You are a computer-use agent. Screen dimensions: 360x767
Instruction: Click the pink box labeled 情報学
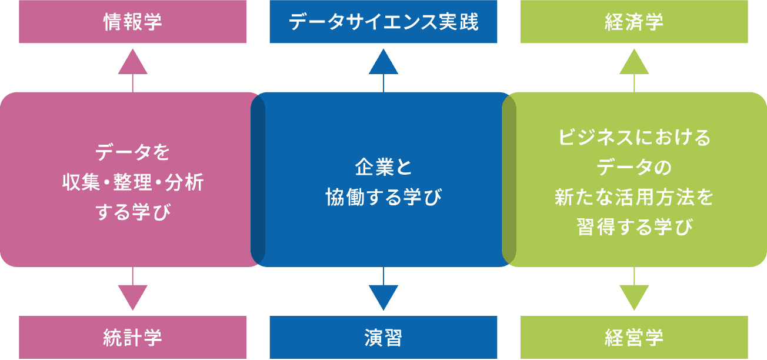[132, 22]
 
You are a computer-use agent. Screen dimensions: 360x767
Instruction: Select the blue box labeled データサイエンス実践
[383, 22]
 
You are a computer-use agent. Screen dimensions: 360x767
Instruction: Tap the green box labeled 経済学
[634, 22]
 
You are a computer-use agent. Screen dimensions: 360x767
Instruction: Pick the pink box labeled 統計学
[132, 338]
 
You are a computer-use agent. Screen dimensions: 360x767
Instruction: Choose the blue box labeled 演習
[383, 338]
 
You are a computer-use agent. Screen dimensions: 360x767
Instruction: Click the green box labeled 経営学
[634, 338]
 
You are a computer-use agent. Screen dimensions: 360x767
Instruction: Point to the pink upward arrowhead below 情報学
[132, 63]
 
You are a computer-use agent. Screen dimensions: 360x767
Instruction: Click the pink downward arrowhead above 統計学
[132, 296]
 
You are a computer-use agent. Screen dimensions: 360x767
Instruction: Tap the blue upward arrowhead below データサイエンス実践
[383, 63]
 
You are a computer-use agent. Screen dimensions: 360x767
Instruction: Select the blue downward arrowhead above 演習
[383, 296]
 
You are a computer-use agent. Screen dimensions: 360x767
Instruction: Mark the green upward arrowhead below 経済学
[634, 63]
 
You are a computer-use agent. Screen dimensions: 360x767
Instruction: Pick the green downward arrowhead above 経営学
[634, 296]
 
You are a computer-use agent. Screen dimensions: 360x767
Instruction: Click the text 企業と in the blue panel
[383, 167]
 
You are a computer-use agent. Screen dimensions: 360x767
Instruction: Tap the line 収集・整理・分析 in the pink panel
[132, 182]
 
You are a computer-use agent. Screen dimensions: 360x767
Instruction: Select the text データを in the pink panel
[132, 152]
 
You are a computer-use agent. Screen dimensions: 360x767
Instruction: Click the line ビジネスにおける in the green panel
[634, 138]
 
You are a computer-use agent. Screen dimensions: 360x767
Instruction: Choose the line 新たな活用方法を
[634, 197]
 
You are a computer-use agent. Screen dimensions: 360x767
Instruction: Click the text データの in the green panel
[634, 168]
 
